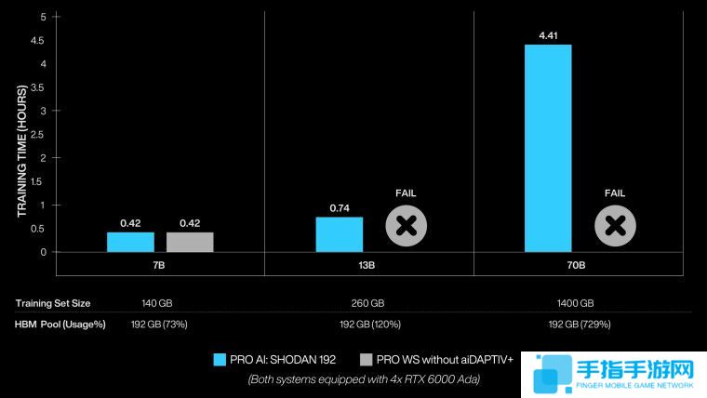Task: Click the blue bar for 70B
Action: tap(548, 148)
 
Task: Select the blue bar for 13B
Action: tap(339, 234)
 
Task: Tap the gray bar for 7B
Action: tap(190, 242)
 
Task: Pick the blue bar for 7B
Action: tap(130, 242)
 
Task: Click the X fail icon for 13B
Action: tap(406, 226)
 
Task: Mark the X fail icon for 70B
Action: tap(614, 226)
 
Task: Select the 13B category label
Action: tap(367, 265)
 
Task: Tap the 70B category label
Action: tap(577, 265)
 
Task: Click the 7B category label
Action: tap(160, 265)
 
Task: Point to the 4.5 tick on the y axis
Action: tap(38, 41)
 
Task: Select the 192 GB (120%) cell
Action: tap(367, 324)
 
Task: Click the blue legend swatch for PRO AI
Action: tap(220, 360)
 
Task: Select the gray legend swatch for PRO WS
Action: tap(366, 360)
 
